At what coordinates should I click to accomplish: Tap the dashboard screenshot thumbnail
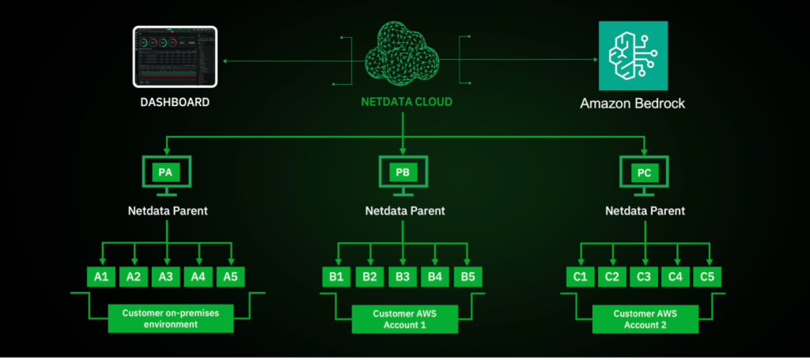point(176,59)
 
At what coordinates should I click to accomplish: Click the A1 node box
point(101,276)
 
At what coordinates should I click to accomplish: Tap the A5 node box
point(230,276)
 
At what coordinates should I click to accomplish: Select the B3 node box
point(403,276)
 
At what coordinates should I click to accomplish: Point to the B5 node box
point(467,276)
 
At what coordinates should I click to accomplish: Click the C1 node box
point(580,276)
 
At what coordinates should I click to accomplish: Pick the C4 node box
point(676,276)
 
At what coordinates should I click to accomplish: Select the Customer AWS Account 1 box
point(404,319)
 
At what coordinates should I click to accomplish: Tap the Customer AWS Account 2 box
point(645,319)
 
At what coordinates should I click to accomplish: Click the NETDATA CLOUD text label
point(403,103)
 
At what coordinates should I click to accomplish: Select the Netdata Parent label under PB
point(404,211)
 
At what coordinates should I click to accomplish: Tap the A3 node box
point(165,276)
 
